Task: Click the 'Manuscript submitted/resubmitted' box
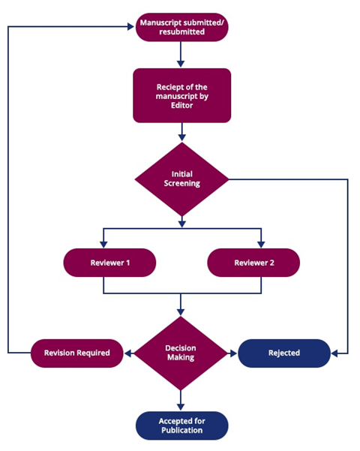pyautogui.click(x=181, y=27)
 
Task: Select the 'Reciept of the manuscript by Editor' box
pyautogui.click(x=181, y=95)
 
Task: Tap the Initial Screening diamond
pyautogui.click(x=181, y=179)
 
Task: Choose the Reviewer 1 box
pyautogui.click(x=109, y=263)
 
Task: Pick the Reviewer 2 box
pyautogui.click(x=253, y=263)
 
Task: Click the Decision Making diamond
pyautogui.click(x=181, y=353)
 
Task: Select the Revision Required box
pyautogui.click(x=77, y=353)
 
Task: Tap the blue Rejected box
pyautogui.click(x=284, y=353)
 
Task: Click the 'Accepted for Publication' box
pyautogui.click(x=181, y=425)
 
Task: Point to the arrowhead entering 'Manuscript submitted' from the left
pyautogui.click(x=130, y=27)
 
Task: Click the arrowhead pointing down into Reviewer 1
pyautogui.click(x=103, y=244)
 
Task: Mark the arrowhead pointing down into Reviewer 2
pyautogui.click(x=261, y=244)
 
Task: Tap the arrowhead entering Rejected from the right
pyautogui.click(x=334, y=353)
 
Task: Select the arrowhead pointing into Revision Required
pyautogui.click(x=127, y=353)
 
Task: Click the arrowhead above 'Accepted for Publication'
pyautogui.click(x=181, y=407)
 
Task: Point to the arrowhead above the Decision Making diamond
pyautogui.click(x=181, y=311)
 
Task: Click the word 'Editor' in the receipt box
pyautogui.click(x=181, y=105)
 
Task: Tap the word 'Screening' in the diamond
pyautogui.click(x=181, y=184)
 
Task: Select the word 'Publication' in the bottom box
pyautogui.click(x=181, y=430)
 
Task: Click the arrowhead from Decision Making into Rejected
pyautogui.click(x=233, y=353)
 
